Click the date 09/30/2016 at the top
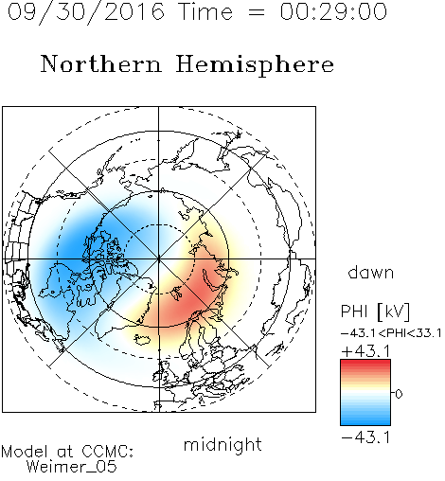point(86,12)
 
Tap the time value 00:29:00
point(333,11)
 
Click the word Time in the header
point(205,11)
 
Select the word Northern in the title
point(101,63)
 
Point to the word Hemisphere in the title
point(255,65)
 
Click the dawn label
point(371,273)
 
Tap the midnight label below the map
point(222,444)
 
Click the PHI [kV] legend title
point(375,312)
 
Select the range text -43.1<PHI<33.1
point(391,333)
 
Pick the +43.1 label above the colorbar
point(365,351)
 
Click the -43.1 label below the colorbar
point(365,437)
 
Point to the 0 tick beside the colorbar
point(399,394)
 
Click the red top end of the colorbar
point(365,363)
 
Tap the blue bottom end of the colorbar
point(365,422)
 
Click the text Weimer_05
point(72,466)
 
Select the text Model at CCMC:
point(67,452)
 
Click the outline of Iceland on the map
point(142,339)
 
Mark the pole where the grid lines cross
point(159,258)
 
